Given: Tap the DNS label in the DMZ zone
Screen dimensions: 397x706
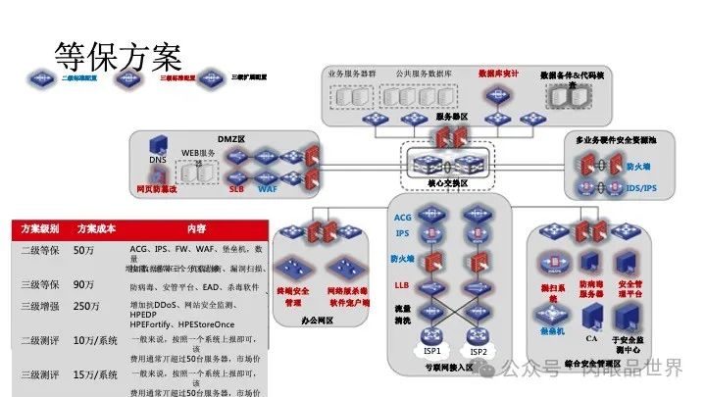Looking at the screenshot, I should coord(157,160).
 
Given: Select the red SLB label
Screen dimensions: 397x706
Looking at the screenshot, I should coord(236,186).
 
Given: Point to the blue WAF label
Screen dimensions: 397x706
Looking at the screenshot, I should coord(268,186).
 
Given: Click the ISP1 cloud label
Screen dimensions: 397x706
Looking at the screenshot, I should coord(432,352).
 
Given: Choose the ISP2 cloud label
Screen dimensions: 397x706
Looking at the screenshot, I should coord(479,352).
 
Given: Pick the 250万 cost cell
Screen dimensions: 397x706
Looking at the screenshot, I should coord(87,306).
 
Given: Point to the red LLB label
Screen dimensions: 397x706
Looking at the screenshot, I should coord(402,284).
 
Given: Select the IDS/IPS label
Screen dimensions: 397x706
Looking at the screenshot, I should coord(641,186).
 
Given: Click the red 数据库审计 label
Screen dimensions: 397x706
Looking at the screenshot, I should coord(497,73).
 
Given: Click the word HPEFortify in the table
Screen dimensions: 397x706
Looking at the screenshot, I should coord(157,323).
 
